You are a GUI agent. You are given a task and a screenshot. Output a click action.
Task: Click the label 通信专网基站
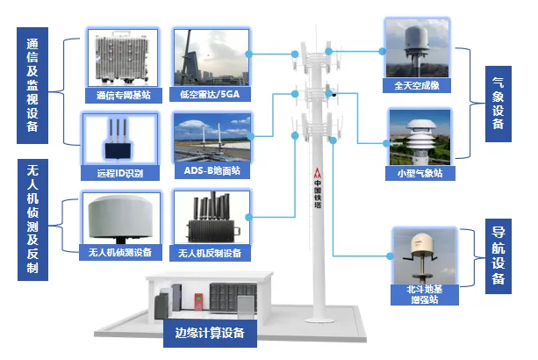[124, 96]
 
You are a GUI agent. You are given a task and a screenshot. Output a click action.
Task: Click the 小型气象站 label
[420, 173]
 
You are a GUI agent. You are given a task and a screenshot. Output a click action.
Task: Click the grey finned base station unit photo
[122, 58]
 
